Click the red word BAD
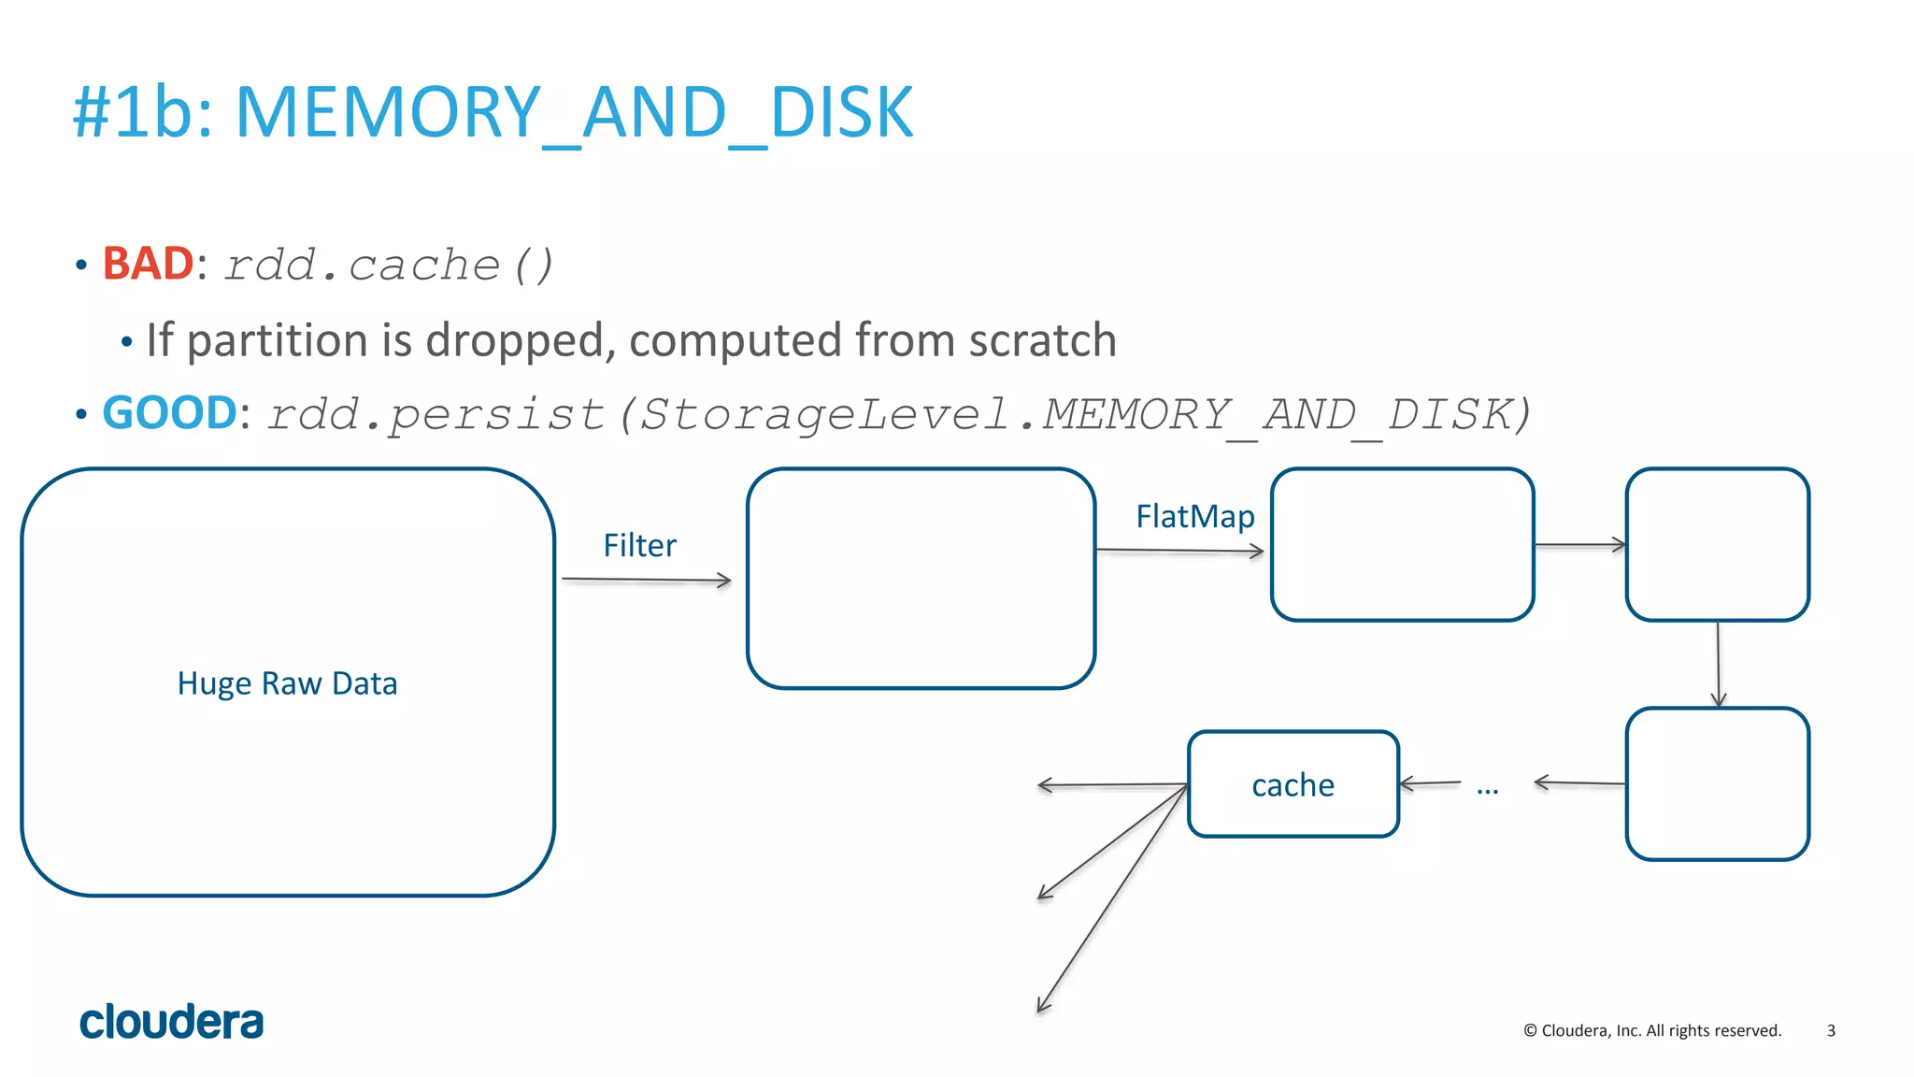click(x=148, y=264)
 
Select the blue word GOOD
click(x=169, y=413)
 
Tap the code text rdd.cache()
click(x=389, y=266)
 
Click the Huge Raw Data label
click(x=287, y=683)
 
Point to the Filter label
click(x=639, y=545)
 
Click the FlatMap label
click(x=1194, y=516)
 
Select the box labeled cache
click(x=1293, y=784)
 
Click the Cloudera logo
click(x=171, y=1022)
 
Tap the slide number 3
click(x=1831, y=1030)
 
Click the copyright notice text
click(x=1652, y=1030)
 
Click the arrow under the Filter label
click(x=646, y=581)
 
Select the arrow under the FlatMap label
click(x=1179, y=551)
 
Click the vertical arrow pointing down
click(x=1718, y=664)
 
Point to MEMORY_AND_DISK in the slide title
click(x=574, y=112)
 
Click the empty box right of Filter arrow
click(x=921, y=579)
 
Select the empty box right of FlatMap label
click(x=1402, y=545)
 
